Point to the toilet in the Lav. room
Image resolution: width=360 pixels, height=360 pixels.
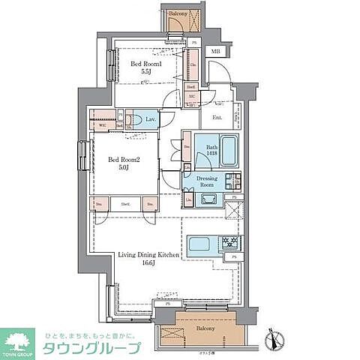133,120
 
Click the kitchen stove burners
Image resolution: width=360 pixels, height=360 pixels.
229,244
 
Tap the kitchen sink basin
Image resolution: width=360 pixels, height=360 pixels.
200,244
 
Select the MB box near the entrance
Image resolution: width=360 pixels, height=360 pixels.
215,52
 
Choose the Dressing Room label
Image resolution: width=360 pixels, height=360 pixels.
211,181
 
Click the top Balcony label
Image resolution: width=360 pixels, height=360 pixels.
178,14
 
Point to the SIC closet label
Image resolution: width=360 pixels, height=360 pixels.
191,97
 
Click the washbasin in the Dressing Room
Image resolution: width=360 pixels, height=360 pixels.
208,199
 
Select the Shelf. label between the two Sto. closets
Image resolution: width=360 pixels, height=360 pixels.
125,203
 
